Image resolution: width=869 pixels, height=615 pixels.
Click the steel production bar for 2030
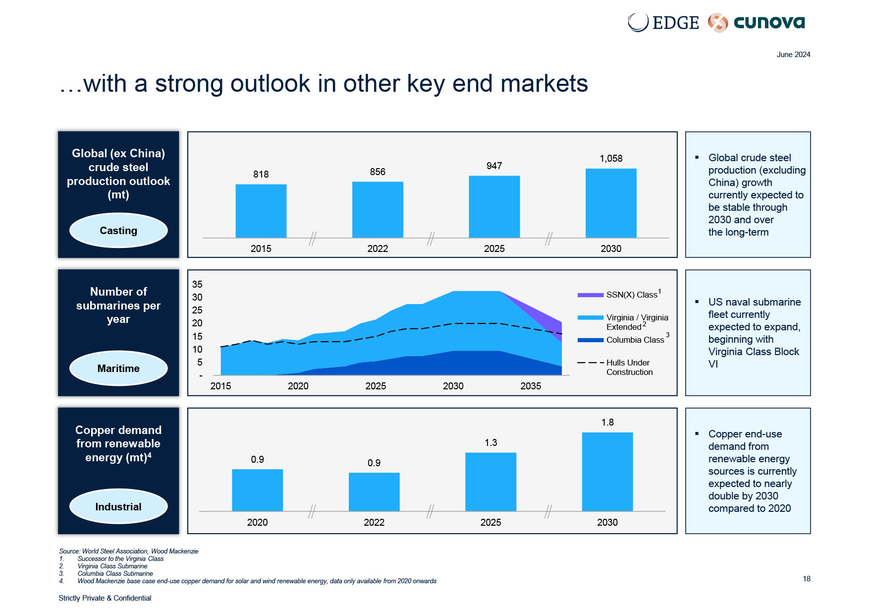point(611,203)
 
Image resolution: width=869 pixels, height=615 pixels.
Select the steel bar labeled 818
point(261,211)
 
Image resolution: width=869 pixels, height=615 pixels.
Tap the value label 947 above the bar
point(494,166)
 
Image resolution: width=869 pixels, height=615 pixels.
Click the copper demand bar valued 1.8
point(607,471)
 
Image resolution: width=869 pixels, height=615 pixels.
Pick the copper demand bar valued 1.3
point(490,482)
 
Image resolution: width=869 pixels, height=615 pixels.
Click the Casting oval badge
point(118,231)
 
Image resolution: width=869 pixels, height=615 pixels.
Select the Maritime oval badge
point(118,369)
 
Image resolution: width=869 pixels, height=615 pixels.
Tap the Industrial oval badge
point(118,507)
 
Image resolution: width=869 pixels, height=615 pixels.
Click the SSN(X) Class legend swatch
point(590,295)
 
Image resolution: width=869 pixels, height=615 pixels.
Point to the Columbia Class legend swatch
point(590,340)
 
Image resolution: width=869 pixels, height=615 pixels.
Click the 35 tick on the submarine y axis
point(197,285)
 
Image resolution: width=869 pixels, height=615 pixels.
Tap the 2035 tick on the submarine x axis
point(531,386)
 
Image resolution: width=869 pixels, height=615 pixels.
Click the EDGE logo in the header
point(663,22)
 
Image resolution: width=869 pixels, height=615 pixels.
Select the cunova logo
point(757,22)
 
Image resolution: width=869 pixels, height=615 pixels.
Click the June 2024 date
point(793,55)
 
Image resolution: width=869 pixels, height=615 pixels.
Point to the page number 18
point(807,579)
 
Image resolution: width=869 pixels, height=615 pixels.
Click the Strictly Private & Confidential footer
point(105,598)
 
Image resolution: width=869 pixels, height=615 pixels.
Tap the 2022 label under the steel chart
point(378,248)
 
